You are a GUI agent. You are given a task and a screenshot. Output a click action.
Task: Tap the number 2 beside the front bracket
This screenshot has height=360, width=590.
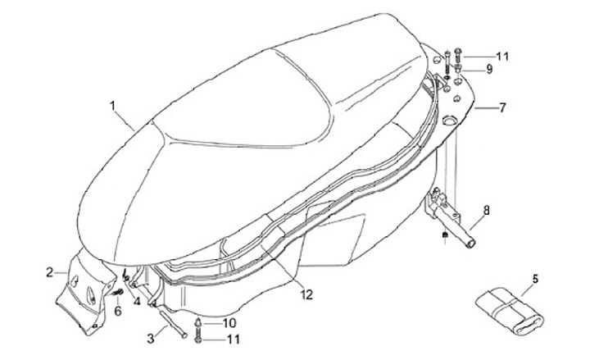click(x=49, y=271)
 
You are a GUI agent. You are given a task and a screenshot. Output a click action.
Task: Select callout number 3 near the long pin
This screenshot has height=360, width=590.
click(x=150, y=337)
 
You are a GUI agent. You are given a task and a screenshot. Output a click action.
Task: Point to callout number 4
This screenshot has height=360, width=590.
click(x=136, y=300)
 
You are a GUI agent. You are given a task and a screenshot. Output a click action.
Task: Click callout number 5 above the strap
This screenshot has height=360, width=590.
click(x=535, y=280)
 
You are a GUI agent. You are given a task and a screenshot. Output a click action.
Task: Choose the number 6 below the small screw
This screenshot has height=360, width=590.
click(x=117, y=311)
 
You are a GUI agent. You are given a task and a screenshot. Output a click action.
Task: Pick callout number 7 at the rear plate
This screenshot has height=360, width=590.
click(x=502, y=107)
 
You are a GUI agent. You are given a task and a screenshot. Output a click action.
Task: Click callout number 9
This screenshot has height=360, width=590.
click(x=489, y=70)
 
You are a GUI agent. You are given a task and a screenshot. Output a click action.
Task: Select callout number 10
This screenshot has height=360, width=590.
click(x=229, y=321)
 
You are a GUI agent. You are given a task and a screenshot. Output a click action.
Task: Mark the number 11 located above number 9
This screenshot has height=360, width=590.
click(x=502, y=56)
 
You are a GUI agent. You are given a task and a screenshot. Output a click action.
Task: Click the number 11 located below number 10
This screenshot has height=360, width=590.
click(x=233, y=339)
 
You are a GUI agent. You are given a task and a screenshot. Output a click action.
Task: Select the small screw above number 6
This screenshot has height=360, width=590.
click(x=119, y=291)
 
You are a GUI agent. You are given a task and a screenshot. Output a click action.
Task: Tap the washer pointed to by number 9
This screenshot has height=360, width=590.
click(x=460, y=70)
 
